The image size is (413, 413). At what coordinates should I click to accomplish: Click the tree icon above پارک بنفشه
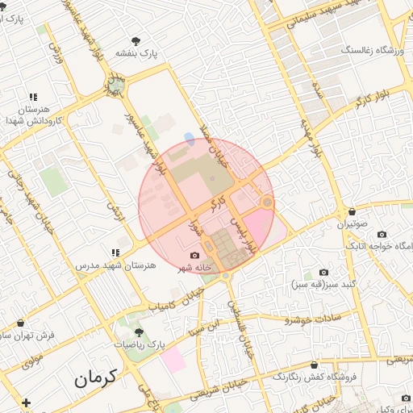tap(135, 40)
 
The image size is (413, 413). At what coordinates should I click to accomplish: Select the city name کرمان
tap(94, 377)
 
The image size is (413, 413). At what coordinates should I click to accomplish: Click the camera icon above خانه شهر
tap(194, 255)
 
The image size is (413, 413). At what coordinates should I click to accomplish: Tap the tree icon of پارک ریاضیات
tap(139, 331)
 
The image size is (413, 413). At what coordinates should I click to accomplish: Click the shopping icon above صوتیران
tap(346, 212)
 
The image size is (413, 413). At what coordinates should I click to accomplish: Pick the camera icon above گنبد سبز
tap(323, 273)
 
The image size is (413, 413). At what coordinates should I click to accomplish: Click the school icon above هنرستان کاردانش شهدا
tap(33, 96)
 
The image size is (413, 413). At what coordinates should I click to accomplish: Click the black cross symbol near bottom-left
tap(27, 403)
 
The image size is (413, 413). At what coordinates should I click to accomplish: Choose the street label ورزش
tap(56, 45)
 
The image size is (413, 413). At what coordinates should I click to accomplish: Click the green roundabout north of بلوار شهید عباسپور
tap(116, 85)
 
